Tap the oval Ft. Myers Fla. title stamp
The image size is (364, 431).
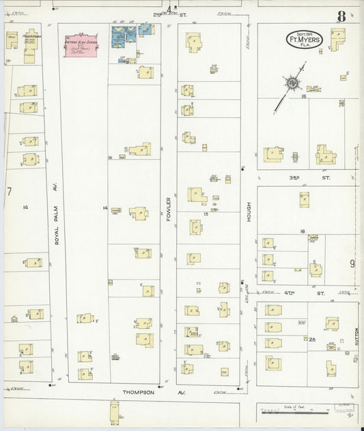pos(304,39)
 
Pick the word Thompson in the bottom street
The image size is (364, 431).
pos(139,393)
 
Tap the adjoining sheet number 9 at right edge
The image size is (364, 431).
pos(352,263)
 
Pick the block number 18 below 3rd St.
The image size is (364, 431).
pos(301,231)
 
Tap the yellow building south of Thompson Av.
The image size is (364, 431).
pos(114,412)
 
